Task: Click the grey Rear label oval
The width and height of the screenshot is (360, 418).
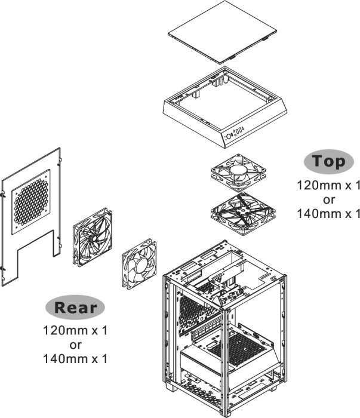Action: tap(75, 308)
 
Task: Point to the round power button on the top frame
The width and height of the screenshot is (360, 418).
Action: tap(228, 137)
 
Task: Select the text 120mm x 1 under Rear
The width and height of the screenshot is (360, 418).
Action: tap(75, 330)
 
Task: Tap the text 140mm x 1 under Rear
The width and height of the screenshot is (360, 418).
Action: tap(75, 358)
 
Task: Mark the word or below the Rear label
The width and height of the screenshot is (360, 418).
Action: tap(75, 345)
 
